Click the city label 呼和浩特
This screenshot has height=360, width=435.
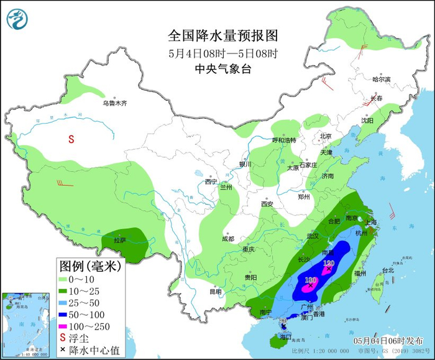coord(285,140)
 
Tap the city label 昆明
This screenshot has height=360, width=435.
coord(215,291)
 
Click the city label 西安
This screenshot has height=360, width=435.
coord(267,204)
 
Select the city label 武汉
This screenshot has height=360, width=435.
coord(312,236)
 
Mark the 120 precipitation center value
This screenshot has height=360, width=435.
coord(329,264)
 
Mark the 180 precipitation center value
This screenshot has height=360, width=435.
coord(311,281)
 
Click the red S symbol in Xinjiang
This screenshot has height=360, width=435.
coord(71,139)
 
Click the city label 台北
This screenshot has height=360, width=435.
coord(388,270)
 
